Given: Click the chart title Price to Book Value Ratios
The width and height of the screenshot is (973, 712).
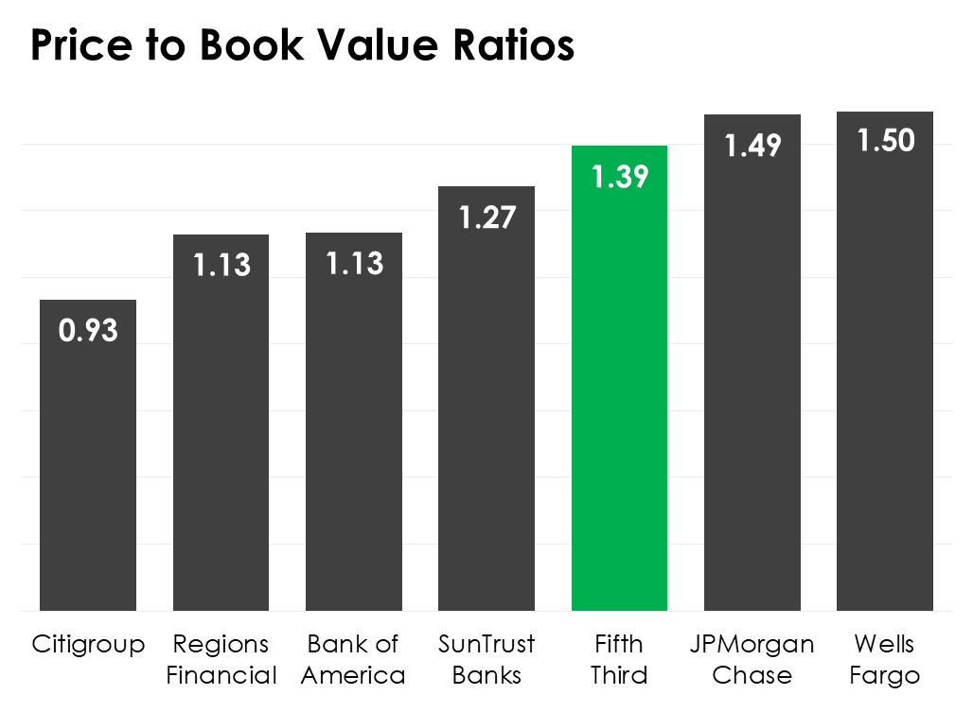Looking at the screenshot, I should click(x=302, y=44).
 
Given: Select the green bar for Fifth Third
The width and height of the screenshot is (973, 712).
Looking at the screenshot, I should click(x=619, y=397).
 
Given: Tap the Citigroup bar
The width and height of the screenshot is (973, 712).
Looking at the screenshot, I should click(x=88, y=473).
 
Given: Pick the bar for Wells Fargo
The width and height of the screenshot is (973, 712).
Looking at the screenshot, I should click(x=885, y=397).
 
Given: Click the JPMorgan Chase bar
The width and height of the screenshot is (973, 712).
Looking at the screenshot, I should click(x=752, y=397).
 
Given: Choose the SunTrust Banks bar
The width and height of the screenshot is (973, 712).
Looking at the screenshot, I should click(x=486, y=416).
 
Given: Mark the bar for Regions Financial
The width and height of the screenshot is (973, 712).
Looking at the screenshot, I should click(x=221, y=435).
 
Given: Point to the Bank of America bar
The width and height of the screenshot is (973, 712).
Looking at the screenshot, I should click(x=354, y=435).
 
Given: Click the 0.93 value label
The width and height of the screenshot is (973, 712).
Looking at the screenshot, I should click(x=88, y=330).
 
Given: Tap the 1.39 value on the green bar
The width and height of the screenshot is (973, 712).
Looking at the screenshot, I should click(x=619, y=177).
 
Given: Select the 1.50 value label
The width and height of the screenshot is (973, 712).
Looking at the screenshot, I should click(x=885, y=141).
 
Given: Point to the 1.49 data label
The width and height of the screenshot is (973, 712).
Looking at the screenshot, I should click(x=752, y=145).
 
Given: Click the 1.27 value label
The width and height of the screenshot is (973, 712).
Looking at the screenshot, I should click(x=486, y=217).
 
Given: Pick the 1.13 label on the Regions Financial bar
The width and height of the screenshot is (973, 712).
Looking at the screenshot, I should click(x=221, y=266).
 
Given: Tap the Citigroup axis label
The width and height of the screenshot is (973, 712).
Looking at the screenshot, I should click(x=88, y=645).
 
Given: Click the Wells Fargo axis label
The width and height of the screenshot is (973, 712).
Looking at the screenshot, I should click(x=885, y=660).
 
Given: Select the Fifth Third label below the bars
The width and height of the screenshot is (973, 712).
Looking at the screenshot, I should click(x=619, y=660).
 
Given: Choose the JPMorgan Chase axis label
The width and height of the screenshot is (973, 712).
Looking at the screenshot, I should click(x=752, y=660).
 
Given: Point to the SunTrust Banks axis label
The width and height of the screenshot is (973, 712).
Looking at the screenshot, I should click(x=486, y=660).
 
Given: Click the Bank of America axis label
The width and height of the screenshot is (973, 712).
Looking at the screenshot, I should click(x=354, y=660).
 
